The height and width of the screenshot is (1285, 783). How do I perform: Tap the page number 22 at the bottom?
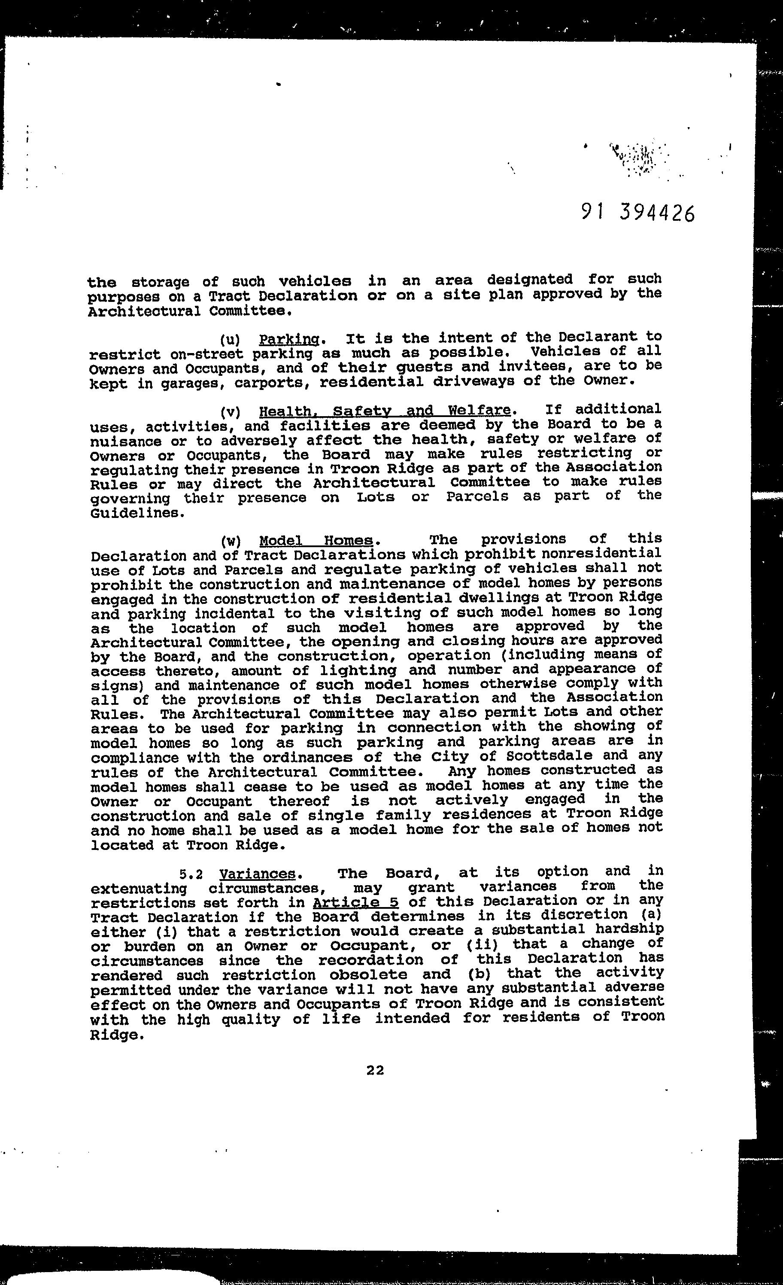(x=375, y=1071)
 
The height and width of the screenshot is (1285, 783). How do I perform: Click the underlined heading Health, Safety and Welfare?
(x=384, y=411)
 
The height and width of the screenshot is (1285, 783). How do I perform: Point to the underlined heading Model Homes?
(x=316, y=540)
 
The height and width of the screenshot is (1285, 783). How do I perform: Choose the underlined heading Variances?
(x=257, y=874)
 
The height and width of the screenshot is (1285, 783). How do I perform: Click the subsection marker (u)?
(x=230, y=341)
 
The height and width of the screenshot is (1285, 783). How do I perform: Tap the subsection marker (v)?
(x=230, y=411)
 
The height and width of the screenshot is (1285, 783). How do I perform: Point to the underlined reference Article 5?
(x=355, y=902)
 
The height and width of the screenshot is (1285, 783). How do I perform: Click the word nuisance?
(x=126, y=442)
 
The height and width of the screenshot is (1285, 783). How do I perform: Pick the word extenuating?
(x=139, y=888)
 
